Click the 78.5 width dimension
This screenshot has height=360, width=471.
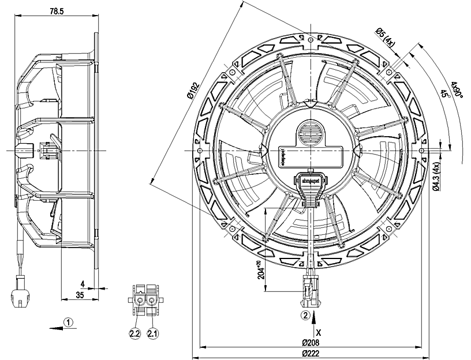coord(56,11)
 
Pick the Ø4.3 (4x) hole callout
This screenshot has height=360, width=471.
coord(437,175)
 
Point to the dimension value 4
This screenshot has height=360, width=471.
coord(83,284)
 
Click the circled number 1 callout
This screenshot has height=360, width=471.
coord(68,322)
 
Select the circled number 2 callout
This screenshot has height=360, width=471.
coord(305,316)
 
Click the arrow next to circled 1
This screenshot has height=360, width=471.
coord(55,326)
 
